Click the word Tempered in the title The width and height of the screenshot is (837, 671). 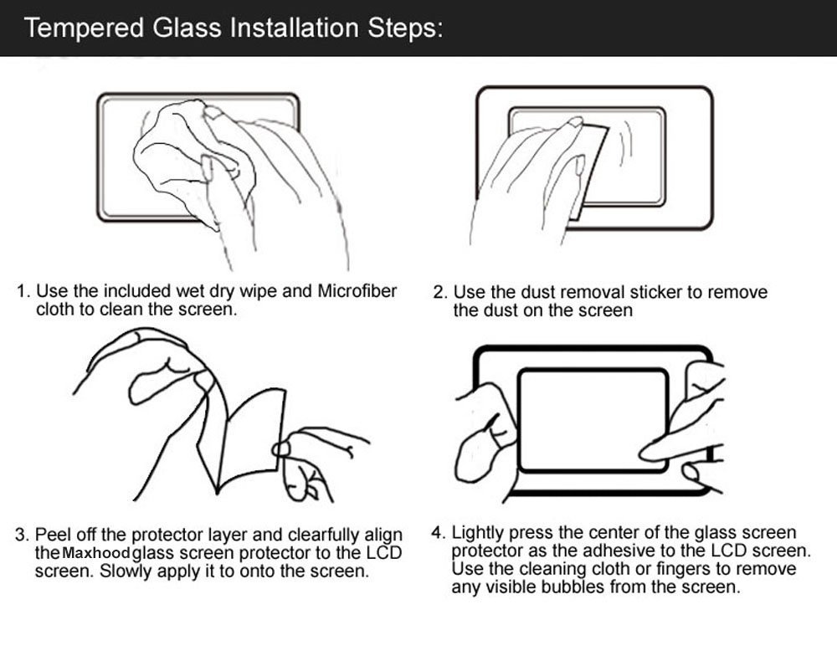pyautogui.click(x=85, y=28)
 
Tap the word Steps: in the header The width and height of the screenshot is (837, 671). pyautogui.click(x=405, y=28)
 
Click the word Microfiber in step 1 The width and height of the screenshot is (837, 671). pyautogui.click(x=357, y=291)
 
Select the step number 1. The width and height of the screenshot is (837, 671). pyautogui.click(x=23, y=292)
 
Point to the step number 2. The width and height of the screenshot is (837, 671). pyautogui.click(x=439, y=293)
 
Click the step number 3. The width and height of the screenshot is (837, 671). pyautogui.click(x=22, y=535)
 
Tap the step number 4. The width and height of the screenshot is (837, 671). pyautogui.click(x=438, y=533)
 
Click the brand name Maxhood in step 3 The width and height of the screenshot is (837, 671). pyautogui.click(x=96, y=552)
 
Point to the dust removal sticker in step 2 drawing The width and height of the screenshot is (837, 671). pyautogui.click(x=588, y=171)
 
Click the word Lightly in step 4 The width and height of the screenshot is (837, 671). pyautogui.click(x=478, y=533)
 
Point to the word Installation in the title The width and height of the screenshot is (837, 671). pyautogui.click(x=294, y=28)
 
